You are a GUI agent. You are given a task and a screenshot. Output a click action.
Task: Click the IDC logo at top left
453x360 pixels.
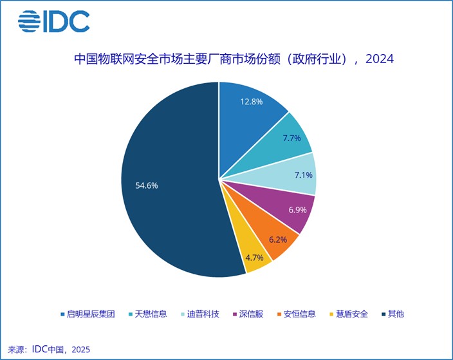click(x=53, y=21)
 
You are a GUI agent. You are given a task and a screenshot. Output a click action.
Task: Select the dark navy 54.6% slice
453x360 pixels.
click(x=167, y=187)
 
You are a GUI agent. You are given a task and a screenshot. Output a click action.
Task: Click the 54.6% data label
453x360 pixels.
click(x=146, y=185)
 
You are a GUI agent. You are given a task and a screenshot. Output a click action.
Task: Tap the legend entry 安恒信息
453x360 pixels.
click(x=294, y=314)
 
